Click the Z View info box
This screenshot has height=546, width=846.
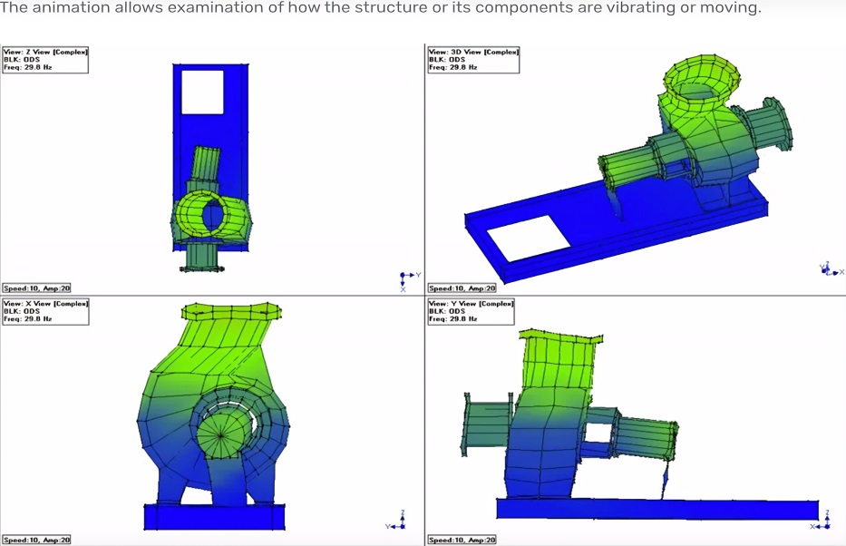point(45,60)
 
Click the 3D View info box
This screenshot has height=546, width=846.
point(473,60)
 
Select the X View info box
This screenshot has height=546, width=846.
point(45,311)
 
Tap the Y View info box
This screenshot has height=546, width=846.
point(471,311)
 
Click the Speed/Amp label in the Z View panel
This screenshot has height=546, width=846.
point(36,288)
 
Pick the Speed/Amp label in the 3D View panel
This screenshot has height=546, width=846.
point(462,288)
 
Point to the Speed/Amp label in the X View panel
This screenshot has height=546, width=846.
point(36,540)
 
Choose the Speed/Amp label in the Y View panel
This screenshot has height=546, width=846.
point(462,540)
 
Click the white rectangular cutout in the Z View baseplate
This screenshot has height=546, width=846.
point(202,92)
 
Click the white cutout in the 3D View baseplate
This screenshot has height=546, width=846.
point(529,239)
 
